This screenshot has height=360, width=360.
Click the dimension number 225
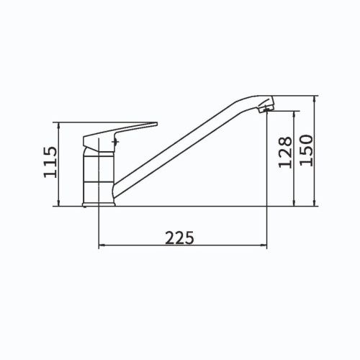[179, 238]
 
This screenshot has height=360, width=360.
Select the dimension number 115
[50, 162]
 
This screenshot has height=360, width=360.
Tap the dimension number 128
[285, 152]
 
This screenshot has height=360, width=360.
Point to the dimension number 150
[307, 150]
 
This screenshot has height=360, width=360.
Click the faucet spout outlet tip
[266, 109]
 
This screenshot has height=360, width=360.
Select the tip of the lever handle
[156, 124]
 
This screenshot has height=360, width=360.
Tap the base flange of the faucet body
[99, 204]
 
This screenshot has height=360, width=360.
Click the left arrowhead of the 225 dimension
[102, 245]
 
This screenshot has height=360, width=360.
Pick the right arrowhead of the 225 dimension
[264, 245]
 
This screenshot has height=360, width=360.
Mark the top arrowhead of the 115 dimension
[59, 125]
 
